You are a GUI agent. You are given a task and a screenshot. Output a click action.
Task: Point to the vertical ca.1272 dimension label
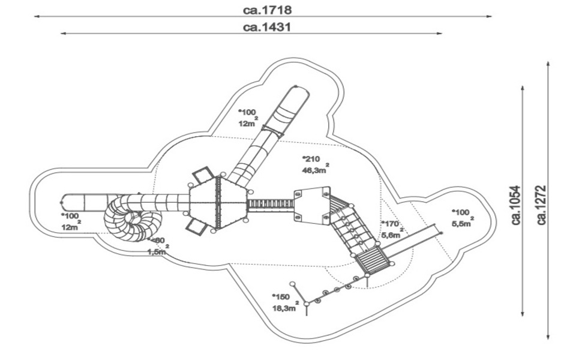pyautogui.click(x=542, y=204)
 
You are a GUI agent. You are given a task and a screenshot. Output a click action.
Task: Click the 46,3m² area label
pyautogui.click(x=314, y=170)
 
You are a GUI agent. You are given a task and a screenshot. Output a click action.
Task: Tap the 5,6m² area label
pyautogui.click(x=391, y=235)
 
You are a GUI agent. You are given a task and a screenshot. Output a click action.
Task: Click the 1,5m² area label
pyautogui.click(x=158, y=251)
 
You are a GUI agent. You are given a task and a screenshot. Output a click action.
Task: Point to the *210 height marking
pyautogui.click(x=311, y=159)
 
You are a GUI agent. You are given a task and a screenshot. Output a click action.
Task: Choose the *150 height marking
pyautogui.click(x=280, y=297)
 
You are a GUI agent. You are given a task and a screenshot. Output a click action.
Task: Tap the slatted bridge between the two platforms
pyautogui.click(x=271, y=204)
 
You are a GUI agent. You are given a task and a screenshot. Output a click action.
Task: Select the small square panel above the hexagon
pyautogui.click(x=203, y=176)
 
